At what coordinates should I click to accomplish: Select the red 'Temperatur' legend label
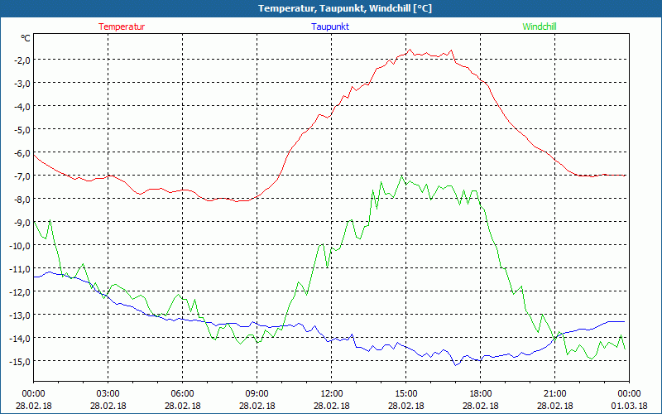(122, 26)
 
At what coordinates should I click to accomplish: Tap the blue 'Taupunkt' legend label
(330, 26)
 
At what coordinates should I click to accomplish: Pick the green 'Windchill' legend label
(540, 26)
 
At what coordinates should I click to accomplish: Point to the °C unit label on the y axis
(26, 38)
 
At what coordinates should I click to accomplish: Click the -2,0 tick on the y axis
(21, 60)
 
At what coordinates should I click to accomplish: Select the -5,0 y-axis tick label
(21, 129)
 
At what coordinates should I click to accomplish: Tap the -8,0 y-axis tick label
(21, 199)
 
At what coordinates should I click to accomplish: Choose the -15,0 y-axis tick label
(19, 361)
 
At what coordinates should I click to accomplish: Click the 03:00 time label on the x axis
(108, 393)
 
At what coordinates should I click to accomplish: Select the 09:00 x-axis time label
(257, 393)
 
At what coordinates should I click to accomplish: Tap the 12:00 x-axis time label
(331, 393)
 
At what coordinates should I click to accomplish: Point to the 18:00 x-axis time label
(480, 393)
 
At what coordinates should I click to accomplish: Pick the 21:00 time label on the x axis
(554, 393)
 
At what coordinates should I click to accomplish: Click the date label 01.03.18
(628, 405)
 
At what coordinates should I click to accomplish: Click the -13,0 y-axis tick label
(19, 315)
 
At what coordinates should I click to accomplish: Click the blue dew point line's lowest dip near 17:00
(454, 365)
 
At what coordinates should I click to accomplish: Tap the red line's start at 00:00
(34, 155)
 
